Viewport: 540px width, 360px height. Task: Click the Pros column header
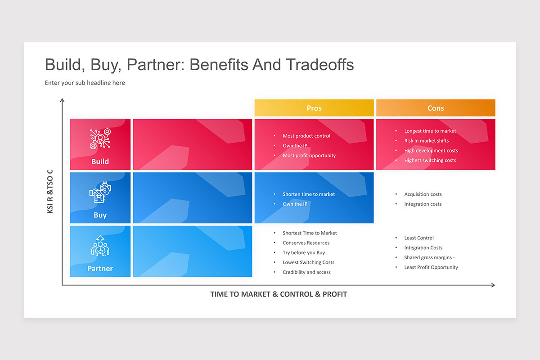tap(314, 108)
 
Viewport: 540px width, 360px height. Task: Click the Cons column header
tap(435, 108)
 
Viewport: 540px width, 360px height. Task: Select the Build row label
tap(100, 162)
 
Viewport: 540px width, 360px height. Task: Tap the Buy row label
tap(100, 215)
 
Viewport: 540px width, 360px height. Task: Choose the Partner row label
tap(100, 269)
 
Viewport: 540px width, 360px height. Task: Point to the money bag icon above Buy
tap(100, 193)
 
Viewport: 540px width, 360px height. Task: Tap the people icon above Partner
tap(100, 246)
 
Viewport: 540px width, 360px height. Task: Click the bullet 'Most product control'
tap(306, 136)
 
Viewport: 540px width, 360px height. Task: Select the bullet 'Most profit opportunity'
tap(309, 156)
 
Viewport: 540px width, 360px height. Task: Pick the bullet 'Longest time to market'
tap(430, 131)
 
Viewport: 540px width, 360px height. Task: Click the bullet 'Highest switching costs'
tap(430, 161)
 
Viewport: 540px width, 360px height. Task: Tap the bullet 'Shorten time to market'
tap(308, 194)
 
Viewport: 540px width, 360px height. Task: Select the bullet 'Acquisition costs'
tap(423, 194)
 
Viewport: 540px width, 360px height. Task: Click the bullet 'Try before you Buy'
tap(303, 253)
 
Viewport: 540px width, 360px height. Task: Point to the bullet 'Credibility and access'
tap(306, 272)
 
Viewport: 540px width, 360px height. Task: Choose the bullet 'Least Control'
tap(418, 238)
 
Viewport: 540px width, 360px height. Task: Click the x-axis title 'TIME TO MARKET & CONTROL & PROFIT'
tap(279, 294)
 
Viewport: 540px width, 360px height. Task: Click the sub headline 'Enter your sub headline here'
tap(85, 83)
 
